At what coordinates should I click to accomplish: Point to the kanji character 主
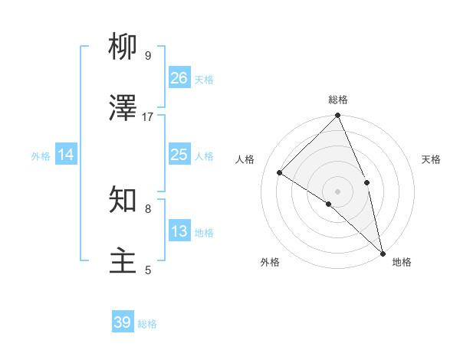[123, 260]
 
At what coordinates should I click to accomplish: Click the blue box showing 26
[179, 77]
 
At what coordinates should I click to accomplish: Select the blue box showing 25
[179, 155]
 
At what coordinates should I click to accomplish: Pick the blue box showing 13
[179, 231]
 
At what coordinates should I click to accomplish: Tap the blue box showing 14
[66, 155]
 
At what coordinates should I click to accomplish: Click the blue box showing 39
[122, 322]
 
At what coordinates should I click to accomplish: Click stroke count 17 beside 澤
[148, 116]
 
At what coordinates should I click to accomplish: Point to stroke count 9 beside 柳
[148, 55]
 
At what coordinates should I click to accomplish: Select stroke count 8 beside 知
[148, 208]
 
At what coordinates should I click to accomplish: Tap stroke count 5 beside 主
[148, 270]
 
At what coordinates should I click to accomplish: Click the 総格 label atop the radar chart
[338, 100]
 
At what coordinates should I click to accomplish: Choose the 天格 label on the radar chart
[431, 159]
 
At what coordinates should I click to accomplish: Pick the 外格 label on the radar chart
[269, 262]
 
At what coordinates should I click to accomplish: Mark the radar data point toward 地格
[383, 253]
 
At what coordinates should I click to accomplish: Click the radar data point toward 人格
[280, 172]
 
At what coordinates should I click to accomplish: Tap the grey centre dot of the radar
[337, 191]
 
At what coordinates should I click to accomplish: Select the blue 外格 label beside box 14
[41, 155]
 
